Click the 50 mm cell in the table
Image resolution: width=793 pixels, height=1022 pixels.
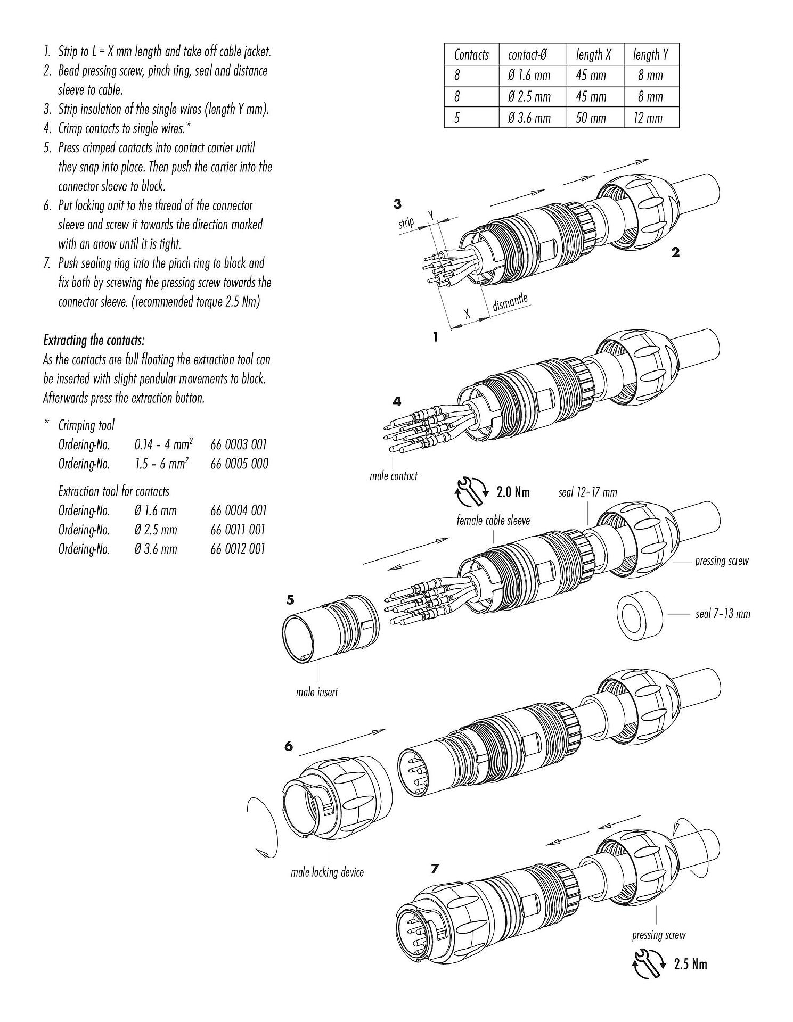[591, 118]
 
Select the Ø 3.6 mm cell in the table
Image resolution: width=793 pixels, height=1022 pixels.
[529, 118]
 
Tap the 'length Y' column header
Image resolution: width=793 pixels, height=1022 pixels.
[650, 54]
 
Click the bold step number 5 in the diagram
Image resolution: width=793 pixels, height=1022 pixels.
[290, 600]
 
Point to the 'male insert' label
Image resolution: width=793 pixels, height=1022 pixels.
[317, 692]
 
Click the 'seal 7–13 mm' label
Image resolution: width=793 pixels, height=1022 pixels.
[722, 614]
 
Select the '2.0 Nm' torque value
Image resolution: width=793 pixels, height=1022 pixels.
[513, 492]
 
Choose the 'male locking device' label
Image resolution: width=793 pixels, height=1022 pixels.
[327, 872]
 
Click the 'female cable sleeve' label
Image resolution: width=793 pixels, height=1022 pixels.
[493, 520]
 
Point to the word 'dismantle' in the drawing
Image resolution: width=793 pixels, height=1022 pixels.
[510, 302]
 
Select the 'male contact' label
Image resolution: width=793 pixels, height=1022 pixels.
[394, 476]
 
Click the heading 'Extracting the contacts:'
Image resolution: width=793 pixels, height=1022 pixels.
[94, 340]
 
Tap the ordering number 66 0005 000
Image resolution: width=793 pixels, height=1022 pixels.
[239, 464]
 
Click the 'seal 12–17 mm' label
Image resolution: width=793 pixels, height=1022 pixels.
[587, 492]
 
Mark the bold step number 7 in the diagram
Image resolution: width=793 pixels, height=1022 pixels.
[435, 869]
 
